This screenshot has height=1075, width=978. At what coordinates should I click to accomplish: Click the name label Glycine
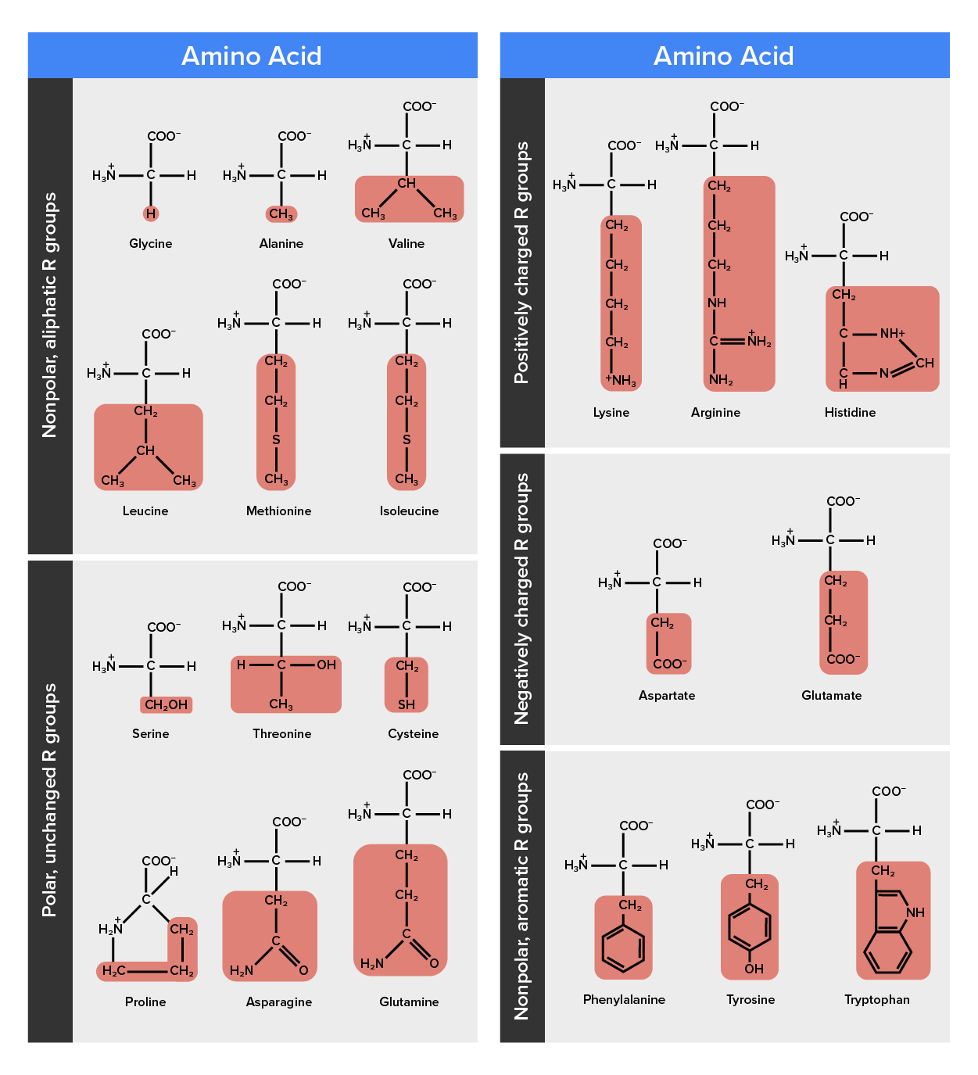point(151,244)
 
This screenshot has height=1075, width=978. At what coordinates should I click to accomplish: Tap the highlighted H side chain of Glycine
point(151,213)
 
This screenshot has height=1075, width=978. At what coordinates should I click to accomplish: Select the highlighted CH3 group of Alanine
point(281,213)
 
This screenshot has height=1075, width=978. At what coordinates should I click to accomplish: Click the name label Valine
point(407,244)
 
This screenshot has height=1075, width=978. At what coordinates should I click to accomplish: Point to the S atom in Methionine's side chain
point(276,440)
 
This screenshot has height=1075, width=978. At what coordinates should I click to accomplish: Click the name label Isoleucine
point(409,511)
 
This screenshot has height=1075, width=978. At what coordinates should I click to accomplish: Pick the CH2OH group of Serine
point(166,704)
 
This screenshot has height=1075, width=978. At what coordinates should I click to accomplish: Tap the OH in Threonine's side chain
point(326,665)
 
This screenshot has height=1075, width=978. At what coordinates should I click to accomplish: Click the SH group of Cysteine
point(407,704)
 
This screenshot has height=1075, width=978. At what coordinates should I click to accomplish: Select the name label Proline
point(145,1002)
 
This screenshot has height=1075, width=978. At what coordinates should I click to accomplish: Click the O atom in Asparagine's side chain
point(303,970)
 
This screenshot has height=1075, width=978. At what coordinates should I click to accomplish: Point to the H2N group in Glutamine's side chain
point(372,964)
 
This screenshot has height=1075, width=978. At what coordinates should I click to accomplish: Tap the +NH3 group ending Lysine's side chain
point(621,381)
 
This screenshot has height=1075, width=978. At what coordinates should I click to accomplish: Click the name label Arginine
point(715,413)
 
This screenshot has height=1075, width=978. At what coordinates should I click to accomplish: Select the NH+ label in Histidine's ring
point(892,333)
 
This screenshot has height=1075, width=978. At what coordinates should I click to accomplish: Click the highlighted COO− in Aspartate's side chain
point(669,664)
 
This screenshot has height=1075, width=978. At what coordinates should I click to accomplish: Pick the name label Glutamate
point(831,696)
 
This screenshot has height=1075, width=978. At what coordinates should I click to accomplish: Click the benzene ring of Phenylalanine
point(623,948)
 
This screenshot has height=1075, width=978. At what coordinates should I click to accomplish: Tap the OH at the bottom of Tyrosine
point(754,969)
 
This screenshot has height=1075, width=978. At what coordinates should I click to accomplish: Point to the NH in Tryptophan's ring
point(915,912)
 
